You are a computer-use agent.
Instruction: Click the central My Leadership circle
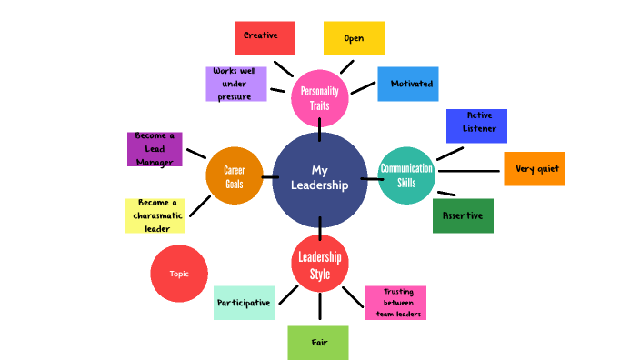tap(319, 179)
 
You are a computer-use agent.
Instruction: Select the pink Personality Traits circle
tap(320, 97)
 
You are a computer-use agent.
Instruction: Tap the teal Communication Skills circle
tap(406, 175)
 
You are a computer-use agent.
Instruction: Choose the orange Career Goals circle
tap(235, 175)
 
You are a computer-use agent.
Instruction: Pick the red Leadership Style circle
tap(320, 263)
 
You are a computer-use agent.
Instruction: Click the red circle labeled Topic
tap(179, 274)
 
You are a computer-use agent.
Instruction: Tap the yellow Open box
tap(354, 38)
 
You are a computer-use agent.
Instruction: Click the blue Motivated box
tap(408, 84)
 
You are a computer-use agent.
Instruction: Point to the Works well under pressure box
tap(236, 84)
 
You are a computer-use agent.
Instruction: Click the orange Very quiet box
tap(535, 169)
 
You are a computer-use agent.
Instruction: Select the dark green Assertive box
tap(463, 215)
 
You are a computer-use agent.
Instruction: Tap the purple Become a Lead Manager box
tap(155, 149)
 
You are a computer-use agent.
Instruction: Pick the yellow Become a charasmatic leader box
tap(155, 215)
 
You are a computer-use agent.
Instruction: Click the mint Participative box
tap(244, 303)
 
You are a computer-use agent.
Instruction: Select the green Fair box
tap(318, 343)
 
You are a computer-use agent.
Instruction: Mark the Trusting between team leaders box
tap(395, 303)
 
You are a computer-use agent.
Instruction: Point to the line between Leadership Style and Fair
tap(319, 307)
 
